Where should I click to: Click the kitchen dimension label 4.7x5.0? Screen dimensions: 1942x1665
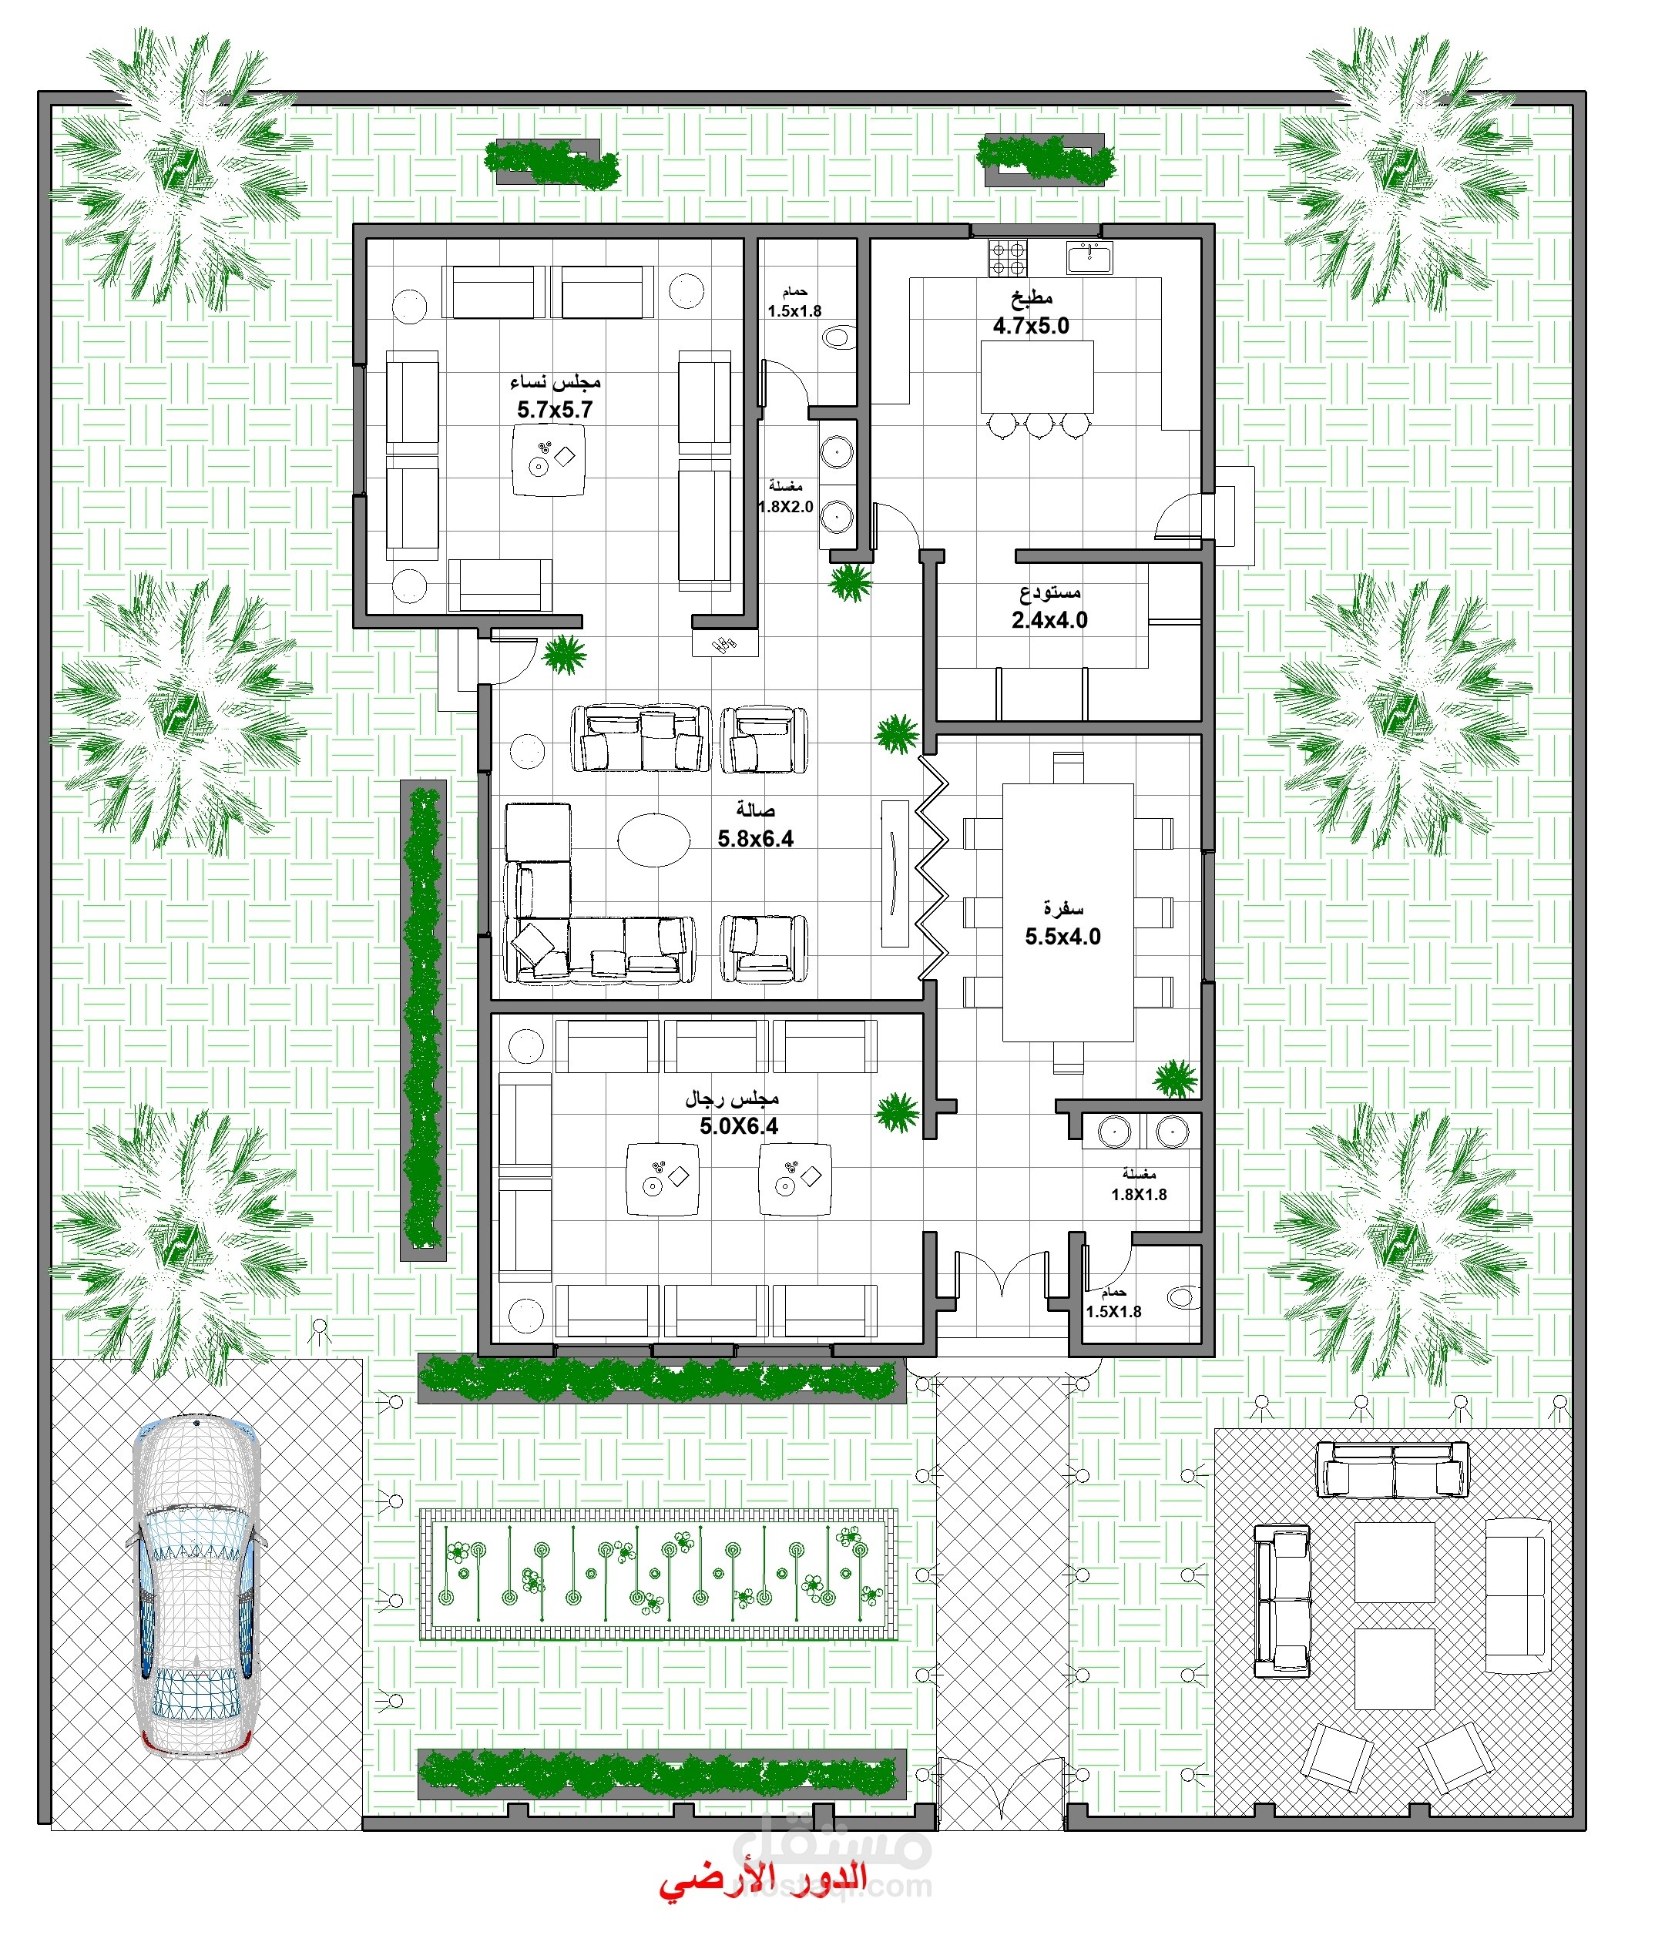click(x=1030, y=326)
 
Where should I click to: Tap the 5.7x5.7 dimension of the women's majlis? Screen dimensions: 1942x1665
click(x=554, y=410)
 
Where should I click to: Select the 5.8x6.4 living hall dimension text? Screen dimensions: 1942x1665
click(x=755, y=839)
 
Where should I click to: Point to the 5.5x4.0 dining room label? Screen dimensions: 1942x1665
click(x=1062, y=936)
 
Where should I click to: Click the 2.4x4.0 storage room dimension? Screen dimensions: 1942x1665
click(x=1049, y=619)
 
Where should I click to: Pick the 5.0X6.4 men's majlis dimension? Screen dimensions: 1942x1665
click(x=738, y=1126)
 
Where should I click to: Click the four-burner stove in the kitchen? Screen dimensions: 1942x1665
click(x=1008, y=258)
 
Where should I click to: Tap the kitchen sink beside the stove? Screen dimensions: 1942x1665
click(x=1089, y=256)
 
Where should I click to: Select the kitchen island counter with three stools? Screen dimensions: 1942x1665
click(x=1037, y=377)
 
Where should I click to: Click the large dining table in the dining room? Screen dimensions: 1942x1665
click(x=1068, y=912)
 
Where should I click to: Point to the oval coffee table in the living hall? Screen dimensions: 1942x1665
click(x=654, y=839)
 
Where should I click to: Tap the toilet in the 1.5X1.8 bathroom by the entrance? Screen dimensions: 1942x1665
click(x=1181, y=1297)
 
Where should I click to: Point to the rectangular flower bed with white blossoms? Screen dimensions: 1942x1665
click(x=658, y=1575)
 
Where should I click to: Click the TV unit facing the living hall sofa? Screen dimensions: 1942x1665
click(x=895, y=873)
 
